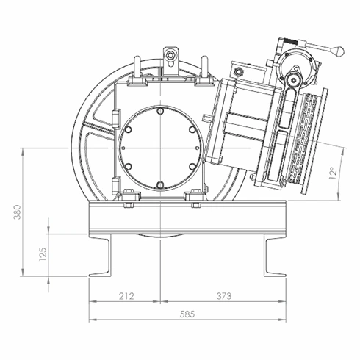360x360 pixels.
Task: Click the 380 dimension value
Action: pos(18,212)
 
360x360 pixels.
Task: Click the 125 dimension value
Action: pos(43,254)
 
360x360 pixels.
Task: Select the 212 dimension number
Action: pos(126,296)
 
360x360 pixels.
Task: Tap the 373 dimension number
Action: pos(224,296)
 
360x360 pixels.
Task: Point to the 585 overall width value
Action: pos(187,314)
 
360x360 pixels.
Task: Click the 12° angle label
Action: pos(333,173)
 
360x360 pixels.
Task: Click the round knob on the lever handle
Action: pos(339,51)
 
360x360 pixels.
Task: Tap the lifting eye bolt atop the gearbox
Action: pos(170,55)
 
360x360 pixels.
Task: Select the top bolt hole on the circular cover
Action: pos(160,111)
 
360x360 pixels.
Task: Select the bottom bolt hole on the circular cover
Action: pos(160,184)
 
